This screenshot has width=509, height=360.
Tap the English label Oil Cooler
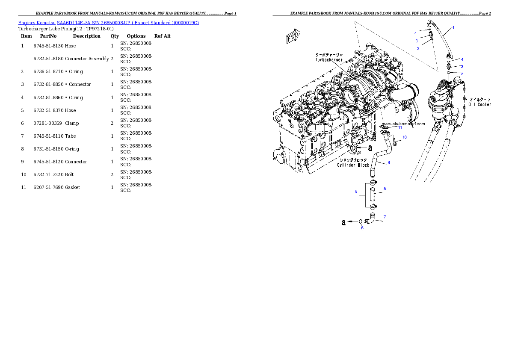point(479,104)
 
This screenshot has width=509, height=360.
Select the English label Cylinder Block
point(353,165)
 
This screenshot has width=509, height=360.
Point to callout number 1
point(453,27)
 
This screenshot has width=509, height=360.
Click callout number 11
point(400,127)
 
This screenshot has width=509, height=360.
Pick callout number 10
point(405,137)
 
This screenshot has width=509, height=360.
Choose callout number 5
point(385,189)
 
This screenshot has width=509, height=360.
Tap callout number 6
point(355,192)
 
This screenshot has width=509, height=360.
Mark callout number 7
point(385,217)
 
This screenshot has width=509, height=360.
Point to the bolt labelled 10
point(394,142)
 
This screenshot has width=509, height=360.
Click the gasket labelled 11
point(385,127)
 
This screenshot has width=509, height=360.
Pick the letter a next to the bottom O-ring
point(343,222)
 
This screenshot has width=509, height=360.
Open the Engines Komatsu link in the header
point(108,23)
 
